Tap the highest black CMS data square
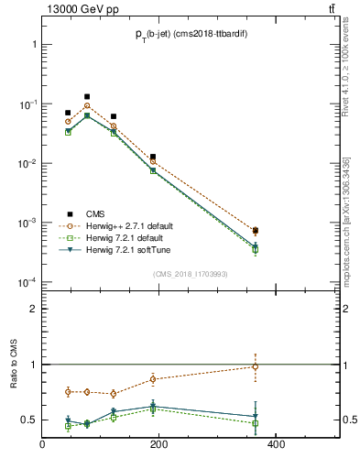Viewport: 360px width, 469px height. click(87, 96)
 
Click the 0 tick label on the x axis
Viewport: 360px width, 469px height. click(42, 446)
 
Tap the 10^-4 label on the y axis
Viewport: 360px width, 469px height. click(27, 282)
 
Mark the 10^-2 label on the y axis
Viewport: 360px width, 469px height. click(27, 163)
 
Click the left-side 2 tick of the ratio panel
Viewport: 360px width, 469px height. click(33, 309)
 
